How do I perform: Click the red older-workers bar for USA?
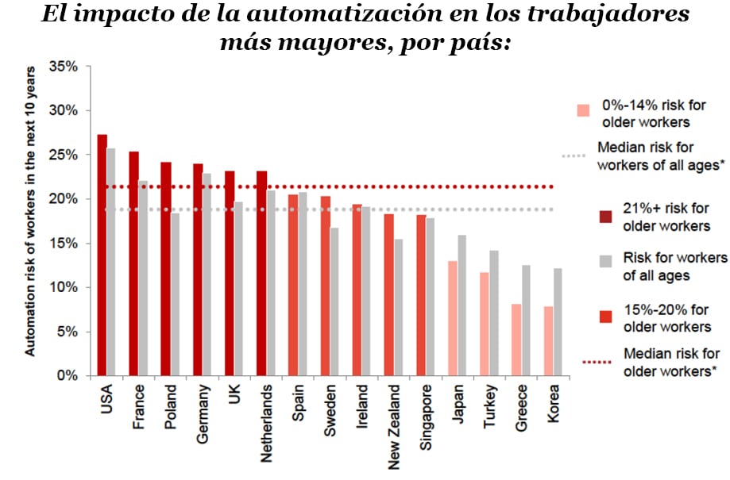pyautogui.click(x=102, y=255)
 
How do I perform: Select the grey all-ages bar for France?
pyautogui.click(x=143, y=278)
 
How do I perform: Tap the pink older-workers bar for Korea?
pyautogui.click(x=548, y=340)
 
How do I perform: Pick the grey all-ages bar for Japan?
pyautogui.click(x=462, y=305)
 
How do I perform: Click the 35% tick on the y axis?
pyautogui.click(x=63, y=67)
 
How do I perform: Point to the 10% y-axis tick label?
pyautogui.click(x=63, y=287)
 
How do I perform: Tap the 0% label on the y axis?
pyautogui.click(x=67, y=375)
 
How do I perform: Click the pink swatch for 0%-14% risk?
pyautogui.click(x=584, y=110)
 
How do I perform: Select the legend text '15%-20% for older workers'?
pyautogui.click(x=667, y=318)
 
